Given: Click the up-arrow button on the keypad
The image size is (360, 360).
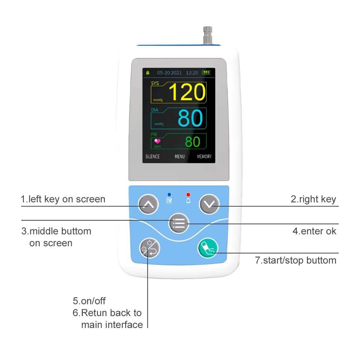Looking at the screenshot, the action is pos(149,205).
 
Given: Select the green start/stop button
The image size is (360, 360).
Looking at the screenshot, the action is pos(208,248).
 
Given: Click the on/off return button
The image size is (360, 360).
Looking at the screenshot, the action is pos(149,248).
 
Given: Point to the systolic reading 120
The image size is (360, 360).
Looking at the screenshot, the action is pos(187,92).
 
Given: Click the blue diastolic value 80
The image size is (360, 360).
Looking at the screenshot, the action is pos(190,118).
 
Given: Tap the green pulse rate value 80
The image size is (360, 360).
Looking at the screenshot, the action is pos(193,142).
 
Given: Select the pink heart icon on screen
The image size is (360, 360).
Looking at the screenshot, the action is pos(157,141).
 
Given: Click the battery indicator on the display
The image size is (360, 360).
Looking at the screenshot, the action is pos(206,72).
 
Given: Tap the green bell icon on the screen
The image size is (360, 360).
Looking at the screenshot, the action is pos(148,72).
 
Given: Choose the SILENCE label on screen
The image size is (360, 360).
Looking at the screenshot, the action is pos(153,156).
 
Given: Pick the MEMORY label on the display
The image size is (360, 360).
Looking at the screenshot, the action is pos(204,156).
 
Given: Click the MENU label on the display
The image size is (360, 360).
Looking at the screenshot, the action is pos(180,156).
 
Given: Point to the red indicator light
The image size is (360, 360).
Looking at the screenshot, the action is pos(188,195).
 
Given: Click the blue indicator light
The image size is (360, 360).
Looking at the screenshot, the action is pos(169,195).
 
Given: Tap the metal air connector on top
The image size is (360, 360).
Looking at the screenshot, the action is pos(207,35).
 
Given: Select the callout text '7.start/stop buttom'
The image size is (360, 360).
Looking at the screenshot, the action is pos(295,260).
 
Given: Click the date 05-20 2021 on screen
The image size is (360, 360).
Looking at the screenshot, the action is pos(169,72).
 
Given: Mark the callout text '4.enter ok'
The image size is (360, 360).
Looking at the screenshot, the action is pos(314,231).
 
